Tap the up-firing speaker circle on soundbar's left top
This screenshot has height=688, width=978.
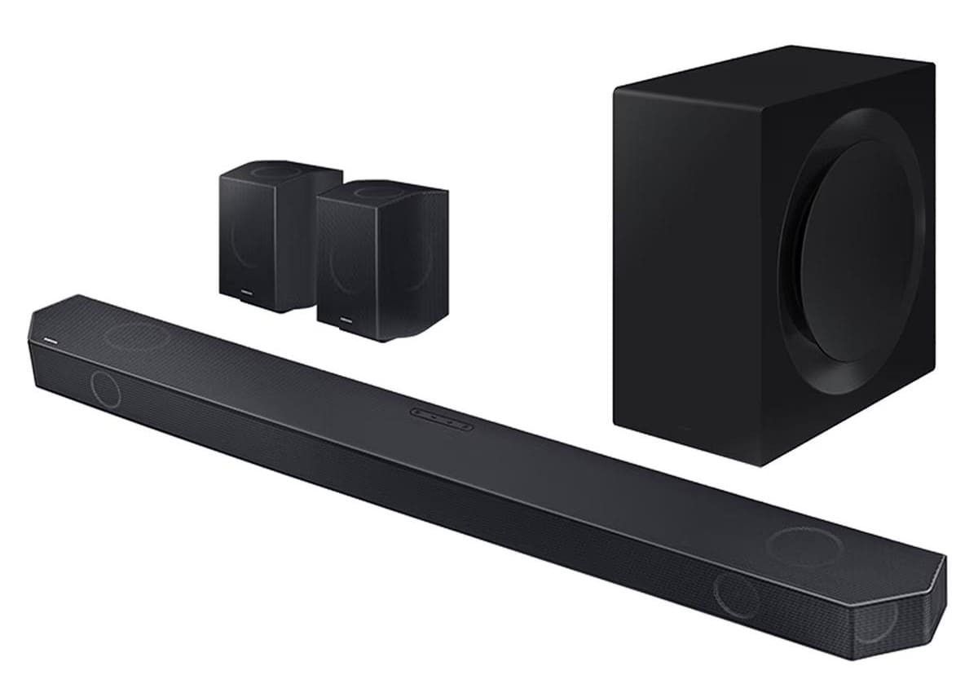[x=134, y=335]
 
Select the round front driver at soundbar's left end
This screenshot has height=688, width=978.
[x=105, y=390]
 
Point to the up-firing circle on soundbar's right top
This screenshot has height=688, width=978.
[x=806, y=545]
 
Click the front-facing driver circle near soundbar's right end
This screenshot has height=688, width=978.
[x=737, y=595]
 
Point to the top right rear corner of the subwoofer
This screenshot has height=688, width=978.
[x=932, y=64]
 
